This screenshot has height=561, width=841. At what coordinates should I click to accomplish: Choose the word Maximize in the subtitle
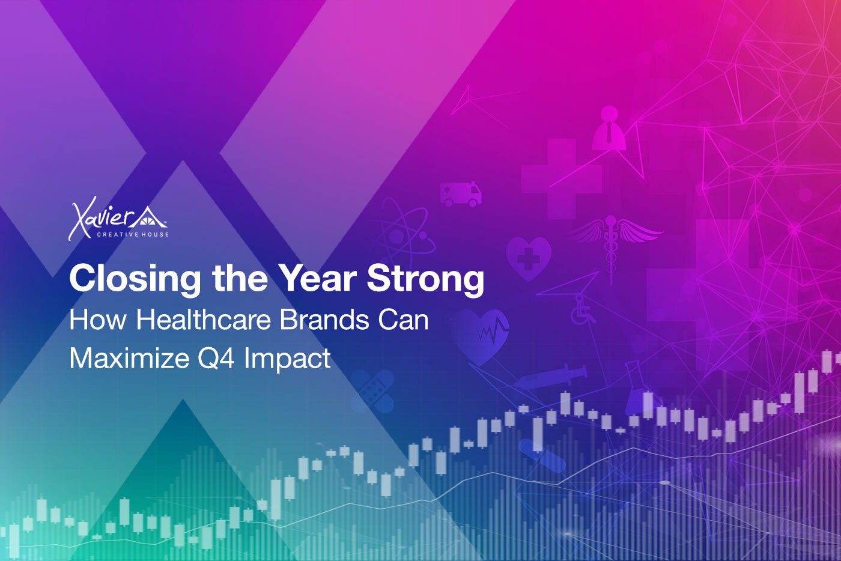[x=129, y=358]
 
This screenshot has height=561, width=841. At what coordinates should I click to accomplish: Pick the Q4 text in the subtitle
[x=216, y=359]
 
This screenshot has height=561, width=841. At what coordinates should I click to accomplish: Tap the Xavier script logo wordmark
[x=102, y=219]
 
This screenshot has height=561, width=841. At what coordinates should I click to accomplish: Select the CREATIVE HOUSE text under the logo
[x=133, y=235]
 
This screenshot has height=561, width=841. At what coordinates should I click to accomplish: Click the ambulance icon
[x=461, y=194]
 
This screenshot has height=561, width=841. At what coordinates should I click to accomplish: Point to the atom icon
[x=405, y=235]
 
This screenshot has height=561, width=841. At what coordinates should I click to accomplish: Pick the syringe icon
[x=550, y=377]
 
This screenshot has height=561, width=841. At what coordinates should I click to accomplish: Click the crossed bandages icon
[x=372, y=391]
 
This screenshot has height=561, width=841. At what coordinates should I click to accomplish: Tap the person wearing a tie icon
[x=609, y=128]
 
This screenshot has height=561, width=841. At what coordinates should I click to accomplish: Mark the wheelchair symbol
[x=582, y=309]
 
